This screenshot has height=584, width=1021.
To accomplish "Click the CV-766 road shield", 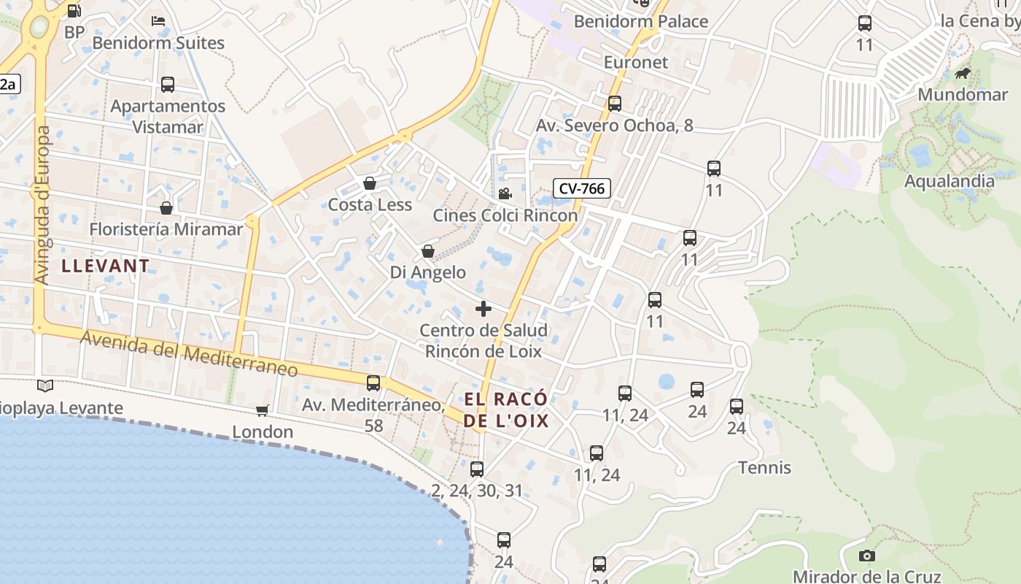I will [581, 188].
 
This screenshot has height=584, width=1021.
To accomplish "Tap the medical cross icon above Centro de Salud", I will [484, 309].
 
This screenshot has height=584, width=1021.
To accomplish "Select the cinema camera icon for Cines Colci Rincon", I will [504, 193].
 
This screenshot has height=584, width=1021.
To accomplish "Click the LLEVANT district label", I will [106, 266].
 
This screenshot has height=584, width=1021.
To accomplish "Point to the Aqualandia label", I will [950, 181].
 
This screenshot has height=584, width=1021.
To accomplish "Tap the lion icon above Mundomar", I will [963, 74].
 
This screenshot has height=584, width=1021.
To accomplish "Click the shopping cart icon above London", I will [263, 411].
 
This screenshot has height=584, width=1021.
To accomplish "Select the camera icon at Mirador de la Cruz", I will [866, 556].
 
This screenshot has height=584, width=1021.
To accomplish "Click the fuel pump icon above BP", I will [74, 11].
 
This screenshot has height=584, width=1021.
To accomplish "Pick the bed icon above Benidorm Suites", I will [158, 20].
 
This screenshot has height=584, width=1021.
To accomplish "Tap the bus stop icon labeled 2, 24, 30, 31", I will [477, 469].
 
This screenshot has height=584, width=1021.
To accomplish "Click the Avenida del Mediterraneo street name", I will [190, 354].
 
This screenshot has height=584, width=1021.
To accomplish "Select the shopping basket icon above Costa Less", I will [370, 183].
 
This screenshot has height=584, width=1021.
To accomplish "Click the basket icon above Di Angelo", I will [428, 251].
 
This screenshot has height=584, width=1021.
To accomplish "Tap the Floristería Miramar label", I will [166, 229].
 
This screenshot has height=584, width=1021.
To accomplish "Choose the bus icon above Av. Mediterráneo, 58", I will [373, 383].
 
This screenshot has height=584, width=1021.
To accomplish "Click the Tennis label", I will [764, 467].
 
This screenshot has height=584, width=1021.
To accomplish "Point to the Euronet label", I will [636, 62].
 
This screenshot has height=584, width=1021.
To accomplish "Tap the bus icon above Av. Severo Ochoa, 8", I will [615, 104].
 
